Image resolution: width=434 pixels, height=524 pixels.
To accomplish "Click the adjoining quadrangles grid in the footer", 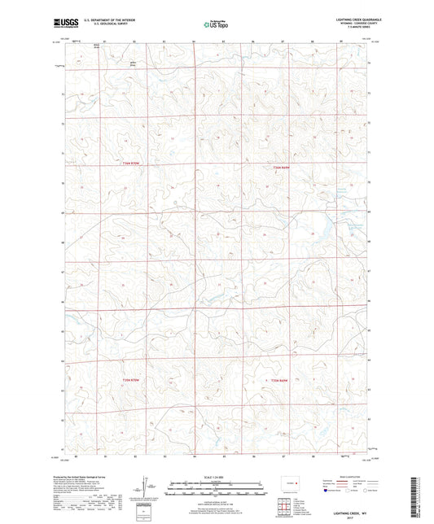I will (x=288, y=506).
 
